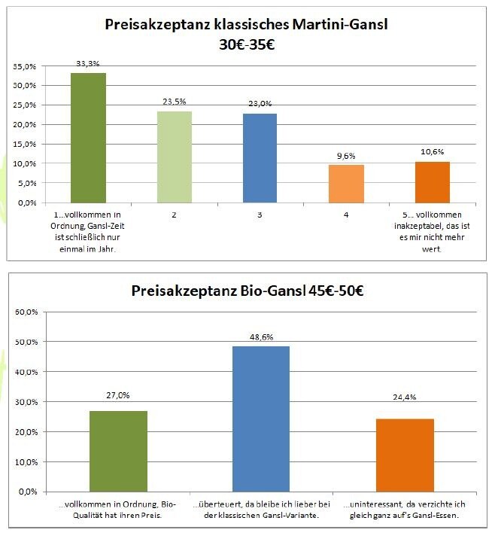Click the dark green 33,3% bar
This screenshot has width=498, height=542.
(x=88, y=138)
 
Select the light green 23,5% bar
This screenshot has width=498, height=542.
(x=175, y=157)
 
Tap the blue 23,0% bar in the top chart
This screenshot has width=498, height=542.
(x=260, y=158)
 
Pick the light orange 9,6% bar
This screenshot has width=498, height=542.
(x=346, y=184)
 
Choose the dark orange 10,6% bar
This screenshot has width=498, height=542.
(x=432, y=182)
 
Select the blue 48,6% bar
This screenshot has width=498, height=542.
(x=262, y=419)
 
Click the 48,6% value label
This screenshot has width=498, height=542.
(x=262, y=337)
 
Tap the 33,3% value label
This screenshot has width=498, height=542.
(x=88, y=64)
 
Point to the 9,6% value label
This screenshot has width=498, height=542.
(x=346, y=156)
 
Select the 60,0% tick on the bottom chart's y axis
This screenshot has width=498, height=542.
(x=28, y=312)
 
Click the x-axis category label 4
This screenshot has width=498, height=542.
(x=346, y=215)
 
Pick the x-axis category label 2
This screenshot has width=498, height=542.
(x=175, y=215)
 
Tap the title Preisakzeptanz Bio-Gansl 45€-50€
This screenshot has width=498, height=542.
(x=247, y=290)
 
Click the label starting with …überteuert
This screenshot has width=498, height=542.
(x=262, y=510)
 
